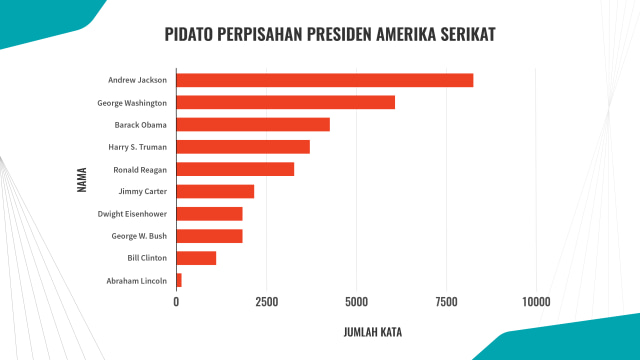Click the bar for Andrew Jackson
point(324,80)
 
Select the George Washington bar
point(285,102)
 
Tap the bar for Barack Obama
point(253,124)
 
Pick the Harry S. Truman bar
point(243,147)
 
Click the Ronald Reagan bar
point(235,169)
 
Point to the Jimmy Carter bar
point(215,191)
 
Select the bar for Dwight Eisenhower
point(209,213)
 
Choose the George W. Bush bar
point(209,236)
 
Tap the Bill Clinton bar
point(196,258)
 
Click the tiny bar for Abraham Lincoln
point(179,280)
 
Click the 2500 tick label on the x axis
point(266,301)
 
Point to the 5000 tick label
point(356,301)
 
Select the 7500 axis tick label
point(446,301)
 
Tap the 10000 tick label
point(536,301)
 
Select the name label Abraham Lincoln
point(137,281)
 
